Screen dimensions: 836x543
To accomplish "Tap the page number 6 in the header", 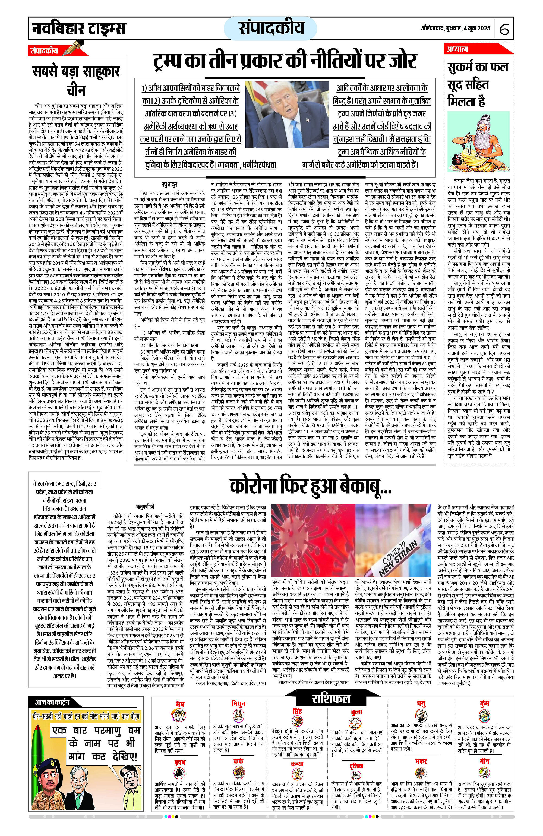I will coord(504,29).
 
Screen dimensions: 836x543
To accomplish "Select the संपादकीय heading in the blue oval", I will coord(271,28).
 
